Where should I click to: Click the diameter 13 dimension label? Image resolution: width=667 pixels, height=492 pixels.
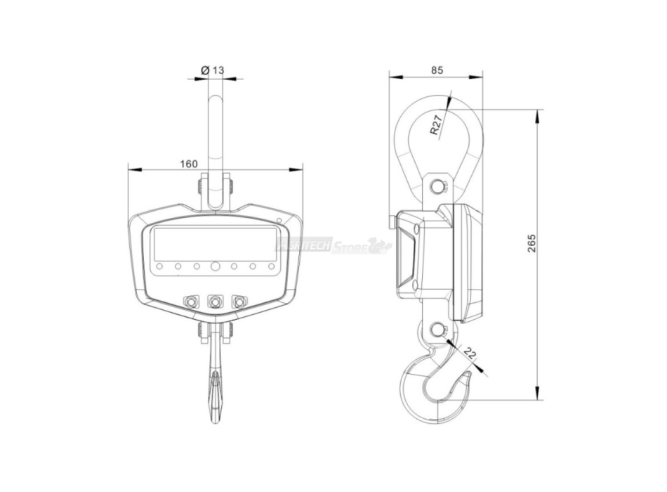tap(212, 70)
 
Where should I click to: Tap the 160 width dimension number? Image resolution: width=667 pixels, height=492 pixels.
tap(188, 164)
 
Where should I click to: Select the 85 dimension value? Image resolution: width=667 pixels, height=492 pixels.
tap(437, 70)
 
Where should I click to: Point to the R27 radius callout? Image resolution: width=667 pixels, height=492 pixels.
tap(437, 124)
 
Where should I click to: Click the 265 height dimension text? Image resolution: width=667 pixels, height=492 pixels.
tap(532, 245)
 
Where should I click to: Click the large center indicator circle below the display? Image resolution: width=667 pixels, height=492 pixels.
tap(215, 266)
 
